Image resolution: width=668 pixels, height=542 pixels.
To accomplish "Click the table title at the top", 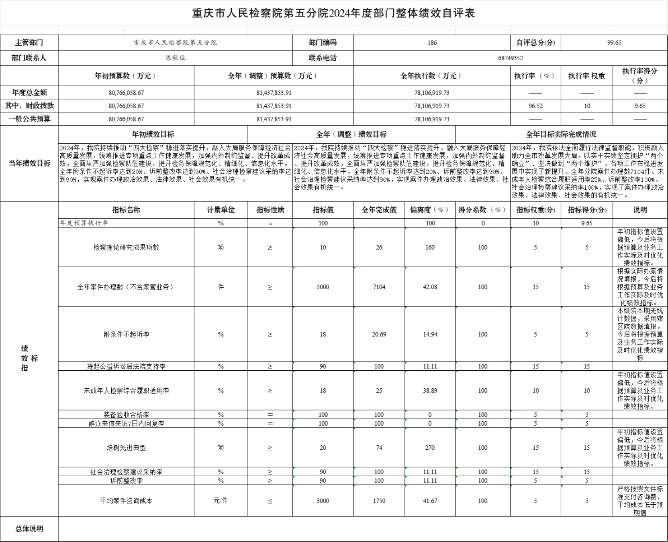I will [x=333, y=13].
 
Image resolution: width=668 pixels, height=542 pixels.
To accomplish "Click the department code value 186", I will [x=432, y=43].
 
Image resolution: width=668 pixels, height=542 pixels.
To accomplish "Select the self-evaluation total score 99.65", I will [x=614, y=43].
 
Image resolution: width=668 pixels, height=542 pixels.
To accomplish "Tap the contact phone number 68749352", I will [x=510, y=58].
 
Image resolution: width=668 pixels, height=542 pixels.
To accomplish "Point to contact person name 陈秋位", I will [x=176, y=58].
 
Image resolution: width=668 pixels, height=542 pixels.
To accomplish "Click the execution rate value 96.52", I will [x=535, y=106].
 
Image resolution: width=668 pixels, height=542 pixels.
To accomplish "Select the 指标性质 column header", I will [x=270, y=210].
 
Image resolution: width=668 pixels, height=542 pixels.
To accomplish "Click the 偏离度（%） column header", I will [x=429, y=210].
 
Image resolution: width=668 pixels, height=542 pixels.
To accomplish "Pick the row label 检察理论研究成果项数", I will [x=126, y=248].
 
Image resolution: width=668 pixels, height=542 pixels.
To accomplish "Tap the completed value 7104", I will [x=379, y=287].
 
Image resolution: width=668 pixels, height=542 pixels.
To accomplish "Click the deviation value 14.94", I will [x=430, y=334].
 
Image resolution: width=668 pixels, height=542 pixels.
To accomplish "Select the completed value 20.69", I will [x=379, y=334].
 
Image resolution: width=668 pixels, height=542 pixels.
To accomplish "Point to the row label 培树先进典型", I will [x=126, y=448].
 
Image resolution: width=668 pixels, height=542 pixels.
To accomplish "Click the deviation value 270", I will [x=430, y=448].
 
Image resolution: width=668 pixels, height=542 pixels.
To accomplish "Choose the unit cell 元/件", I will [x=221, y=501].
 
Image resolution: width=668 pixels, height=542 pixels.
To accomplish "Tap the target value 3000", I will [x=323, y=501].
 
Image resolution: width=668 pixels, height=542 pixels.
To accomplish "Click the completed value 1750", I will [x=379, y=501].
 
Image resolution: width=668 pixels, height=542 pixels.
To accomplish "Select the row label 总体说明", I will [x=29, y=529].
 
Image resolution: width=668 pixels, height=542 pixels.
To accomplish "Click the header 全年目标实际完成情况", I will [x=561, y=134].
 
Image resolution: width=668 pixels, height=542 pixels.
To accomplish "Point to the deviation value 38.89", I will [x=430, y=390].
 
